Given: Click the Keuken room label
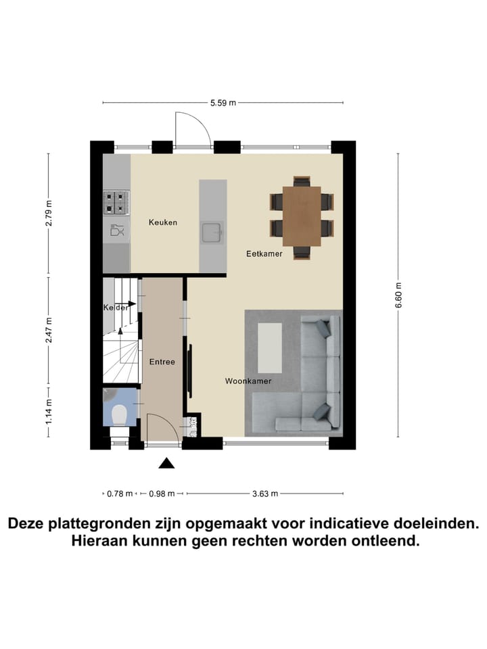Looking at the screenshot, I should [x=163, y=222].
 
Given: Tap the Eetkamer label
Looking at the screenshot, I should [x=264, y=254].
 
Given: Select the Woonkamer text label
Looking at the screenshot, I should [x=248, y=381].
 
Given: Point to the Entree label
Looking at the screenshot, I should [x=162, y=362].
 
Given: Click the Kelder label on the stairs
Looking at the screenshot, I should [x=116, y=308].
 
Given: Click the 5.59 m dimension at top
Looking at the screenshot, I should [x=223, y=103].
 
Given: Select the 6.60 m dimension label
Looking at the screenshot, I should [x=398, y=295].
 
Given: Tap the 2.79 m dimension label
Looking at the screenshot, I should [x=49, y=214].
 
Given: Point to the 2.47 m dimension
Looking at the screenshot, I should [x=49, y=331].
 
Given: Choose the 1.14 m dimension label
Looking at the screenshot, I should [x=49, y=411].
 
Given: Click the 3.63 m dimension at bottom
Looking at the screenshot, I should [x=265, y=494].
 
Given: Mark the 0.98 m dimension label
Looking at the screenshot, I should [x=162, y=494].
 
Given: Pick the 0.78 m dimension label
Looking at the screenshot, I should [x=120, y=494].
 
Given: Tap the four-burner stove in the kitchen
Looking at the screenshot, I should [x=116, y=201].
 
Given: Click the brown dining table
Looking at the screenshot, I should [x=302, y=216].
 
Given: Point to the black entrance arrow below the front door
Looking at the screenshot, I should [x=166, y=463].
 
